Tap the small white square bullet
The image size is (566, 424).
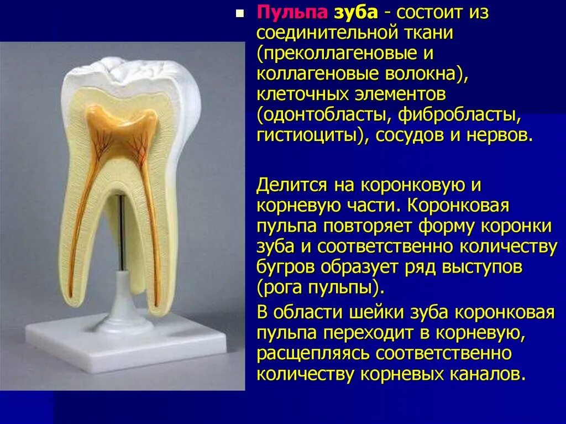click(x=239, y=13)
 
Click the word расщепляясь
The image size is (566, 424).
click(x=313, y=353)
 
